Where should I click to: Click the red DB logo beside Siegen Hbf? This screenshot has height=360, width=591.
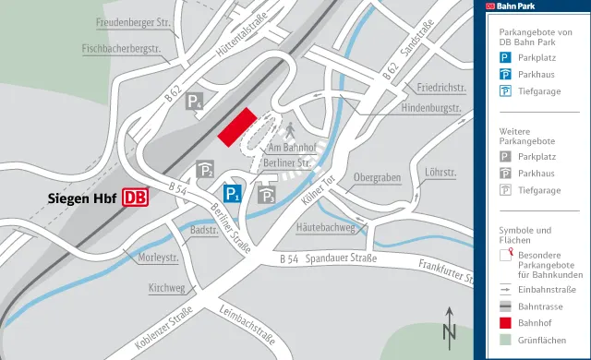[135, 198]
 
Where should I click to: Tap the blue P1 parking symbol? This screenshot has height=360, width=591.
[232, 193]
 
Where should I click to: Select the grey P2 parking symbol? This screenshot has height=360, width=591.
[206, 170]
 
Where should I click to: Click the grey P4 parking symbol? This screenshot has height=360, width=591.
[195, 102]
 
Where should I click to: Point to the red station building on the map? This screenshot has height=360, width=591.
[236, 126]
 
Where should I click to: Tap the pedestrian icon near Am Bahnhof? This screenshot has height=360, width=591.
[289, 128]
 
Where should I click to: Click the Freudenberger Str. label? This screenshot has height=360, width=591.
[135, 21]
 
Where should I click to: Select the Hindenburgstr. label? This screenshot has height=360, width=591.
[431, 108]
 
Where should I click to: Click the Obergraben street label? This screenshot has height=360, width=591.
[377, 177]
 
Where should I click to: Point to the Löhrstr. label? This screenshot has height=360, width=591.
[441, 173]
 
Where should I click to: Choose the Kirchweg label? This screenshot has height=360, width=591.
[166, 289]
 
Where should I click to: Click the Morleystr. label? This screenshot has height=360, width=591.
[157, 258]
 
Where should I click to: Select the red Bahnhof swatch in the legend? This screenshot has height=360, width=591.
[506, 323]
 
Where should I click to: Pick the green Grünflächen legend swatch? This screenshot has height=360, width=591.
[506, 341]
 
